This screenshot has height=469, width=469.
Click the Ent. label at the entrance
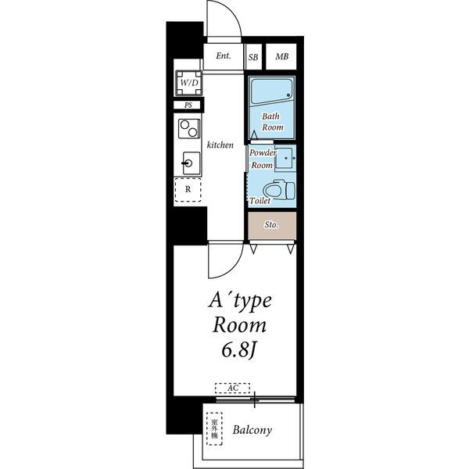(223, 56)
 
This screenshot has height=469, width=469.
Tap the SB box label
(253, 57)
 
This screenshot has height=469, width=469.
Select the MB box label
(281, 56)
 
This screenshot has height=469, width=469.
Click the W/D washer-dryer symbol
(188, 83)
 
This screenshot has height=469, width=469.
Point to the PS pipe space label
(188, 106)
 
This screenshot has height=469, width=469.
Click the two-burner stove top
(188, 129)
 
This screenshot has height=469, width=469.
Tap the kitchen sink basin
(192, 163)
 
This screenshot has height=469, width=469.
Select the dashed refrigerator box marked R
(188, 190)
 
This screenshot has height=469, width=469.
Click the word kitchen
(220, 145)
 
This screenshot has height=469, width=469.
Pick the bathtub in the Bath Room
(271, 91)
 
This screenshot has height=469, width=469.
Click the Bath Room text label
(272, 121)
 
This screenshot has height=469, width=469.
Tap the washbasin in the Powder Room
(285, 158)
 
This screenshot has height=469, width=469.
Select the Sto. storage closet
(272, 226)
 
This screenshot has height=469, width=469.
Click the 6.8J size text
(239, 349)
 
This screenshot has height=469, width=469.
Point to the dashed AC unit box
(232, 388)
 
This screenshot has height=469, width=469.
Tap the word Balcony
(252, 430)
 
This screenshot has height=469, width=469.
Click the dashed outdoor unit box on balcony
(214, 428)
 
